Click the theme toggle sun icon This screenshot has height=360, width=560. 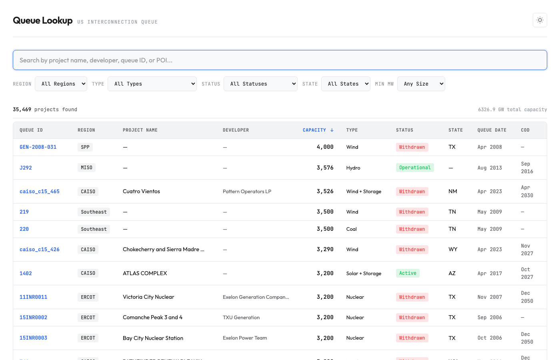click(540, 20)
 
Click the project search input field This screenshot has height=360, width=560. click(280, 60)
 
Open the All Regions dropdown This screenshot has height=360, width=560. click(61, 84)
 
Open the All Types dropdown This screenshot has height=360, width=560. click(152, 84)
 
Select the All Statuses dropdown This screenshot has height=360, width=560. click(260, 84)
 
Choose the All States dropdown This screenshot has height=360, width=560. click(346, 84)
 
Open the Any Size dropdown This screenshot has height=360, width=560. click(421, 84)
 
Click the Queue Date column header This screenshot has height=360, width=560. click(492, 130)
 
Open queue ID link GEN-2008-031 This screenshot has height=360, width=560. click(38, 147)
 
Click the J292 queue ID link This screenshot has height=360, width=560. click(26, 168)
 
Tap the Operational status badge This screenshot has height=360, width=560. click(415, 168)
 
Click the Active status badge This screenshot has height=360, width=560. click(408, 273)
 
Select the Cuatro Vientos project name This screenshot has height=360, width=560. click(141, 192)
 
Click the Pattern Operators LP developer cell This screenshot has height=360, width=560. click(247, 192)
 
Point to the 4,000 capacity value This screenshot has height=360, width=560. click(325, 147)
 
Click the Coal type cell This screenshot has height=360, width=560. click(351, 229)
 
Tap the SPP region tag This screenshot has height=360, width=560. click(85, 147)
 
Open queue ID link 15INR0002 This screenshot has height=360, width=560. click(33, 318)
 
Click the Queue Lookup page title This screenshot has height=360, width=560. click(43, 20)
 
